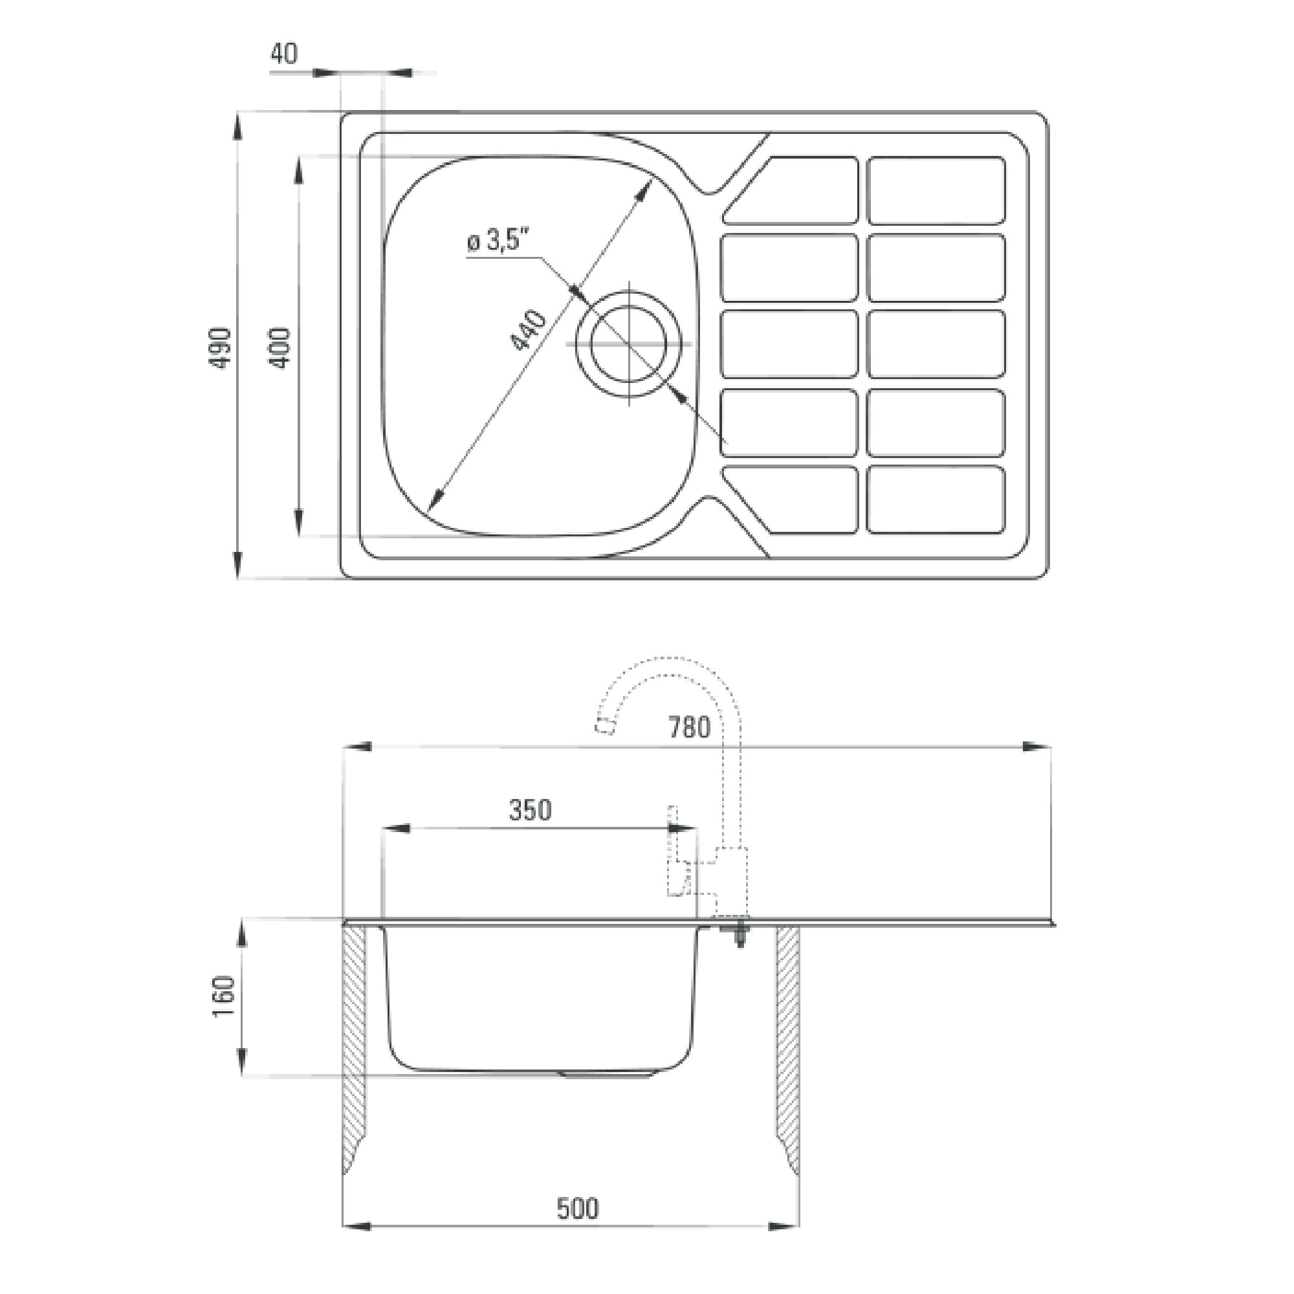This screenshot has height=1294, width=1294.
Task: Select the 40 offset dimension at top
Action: [x=284, y=54]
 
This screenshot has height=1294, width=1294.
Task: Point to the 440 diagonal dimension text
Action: [x=529, y=330]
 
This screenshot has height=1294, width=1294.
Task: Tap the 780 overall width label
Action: [x=689, y=727]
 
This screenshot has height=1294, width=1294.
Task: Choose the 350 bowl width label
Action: [x=531, y=811]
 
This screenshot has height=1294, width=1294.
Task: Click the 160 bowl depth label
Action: [x=224, y=996]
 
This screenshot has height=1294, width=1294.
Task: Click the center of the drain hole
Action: [x=628, y=344]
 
